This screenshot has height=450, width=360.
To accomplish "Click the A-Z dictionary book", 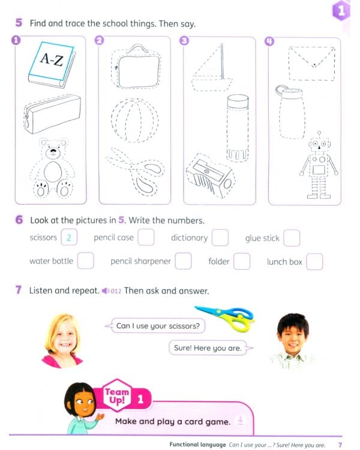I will tap(53, 63).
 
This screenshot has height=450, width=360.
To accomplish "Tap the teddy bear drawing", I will tap(50, 168).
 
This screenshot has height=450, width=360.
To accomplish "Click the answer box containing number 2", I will tap(69, 238).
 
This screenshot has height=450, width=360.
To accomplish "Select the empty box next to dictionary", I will tap(220, 238).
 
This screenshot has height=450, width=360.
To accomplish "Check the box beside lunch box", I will tap(314, 262).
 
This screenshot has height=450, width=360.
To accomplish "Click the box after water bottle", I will tap(86, 262).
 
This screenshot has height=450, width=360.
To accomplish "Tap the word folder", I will tap(219, 262).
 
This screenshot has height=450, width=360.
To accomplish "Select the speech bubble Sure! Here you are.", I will tap(207, 347).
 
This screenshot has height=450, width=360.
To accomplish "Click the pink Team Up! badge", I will tap(118, 396).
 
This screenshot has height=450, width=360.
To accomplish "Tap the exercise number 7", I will tap(19, 290).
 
